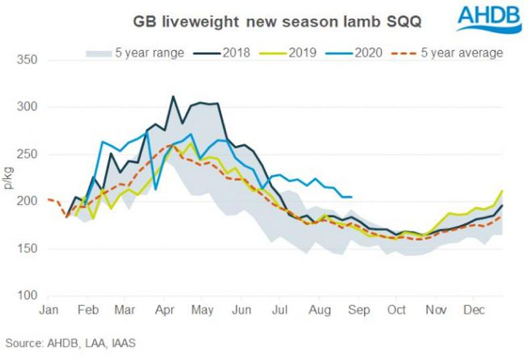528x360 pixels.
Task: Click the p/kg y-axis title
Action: tap(9, 178)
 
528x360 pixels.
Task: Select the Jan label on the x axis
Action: tap(48, 311)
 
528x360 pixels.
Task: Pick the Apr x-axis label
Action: tap(164, 311)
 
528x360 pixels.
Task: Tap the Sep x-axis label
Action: tap(359, 311)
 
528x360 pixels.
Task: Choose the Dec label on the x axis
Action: tap(476, 311)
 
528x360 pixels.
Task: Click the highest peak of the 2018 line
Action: tap(174, 96)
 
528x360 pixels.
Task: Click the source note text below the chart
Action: tap(70, 343)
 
